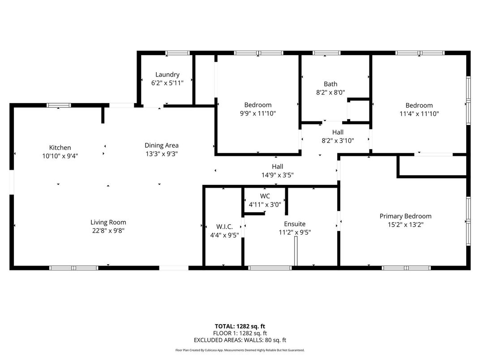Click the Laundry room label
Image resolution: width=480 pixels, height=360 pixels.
167,75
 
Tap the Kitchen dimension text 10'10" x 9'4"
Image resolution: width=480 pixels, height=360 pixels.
60,156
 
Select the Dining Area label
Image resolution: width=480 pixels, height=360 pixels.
161,145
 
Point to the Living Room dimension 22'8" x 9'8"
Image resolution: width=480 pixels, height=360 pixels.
108,231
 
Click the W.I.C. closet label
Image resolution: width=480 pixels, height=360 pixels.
224,226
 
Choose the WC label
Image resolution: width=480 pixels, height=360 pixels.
265,196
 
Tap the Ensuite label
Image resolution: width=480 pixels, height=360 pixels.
295,224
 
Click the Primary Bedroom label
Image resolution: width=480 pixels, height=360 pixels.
405,216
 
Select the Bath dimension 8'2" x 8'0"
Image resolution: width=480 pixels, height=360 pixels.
330,92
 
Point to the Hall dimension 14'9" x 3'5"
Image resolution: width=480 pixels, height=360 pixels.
277,175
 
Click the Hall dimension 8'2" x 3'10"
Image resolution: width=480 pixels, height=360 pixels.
338,140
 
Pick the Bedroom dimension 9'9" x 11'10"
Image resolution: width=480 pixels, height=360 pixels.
257,113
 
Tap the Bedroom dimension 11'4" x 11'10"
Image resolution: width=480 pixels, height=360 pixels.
419,114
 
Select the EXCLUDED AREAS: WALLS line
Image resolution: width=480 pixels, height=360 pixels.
240,340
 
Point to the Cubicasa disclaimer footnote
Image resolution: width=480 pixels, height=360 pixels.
240,350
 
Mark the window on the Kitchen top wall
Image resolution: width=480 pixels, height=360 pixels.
59,106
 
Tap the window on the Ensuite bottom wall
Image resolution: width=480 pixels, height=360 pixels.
270,268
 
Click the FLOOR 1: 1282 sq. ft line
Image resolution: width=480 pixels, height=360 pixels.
240,333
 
